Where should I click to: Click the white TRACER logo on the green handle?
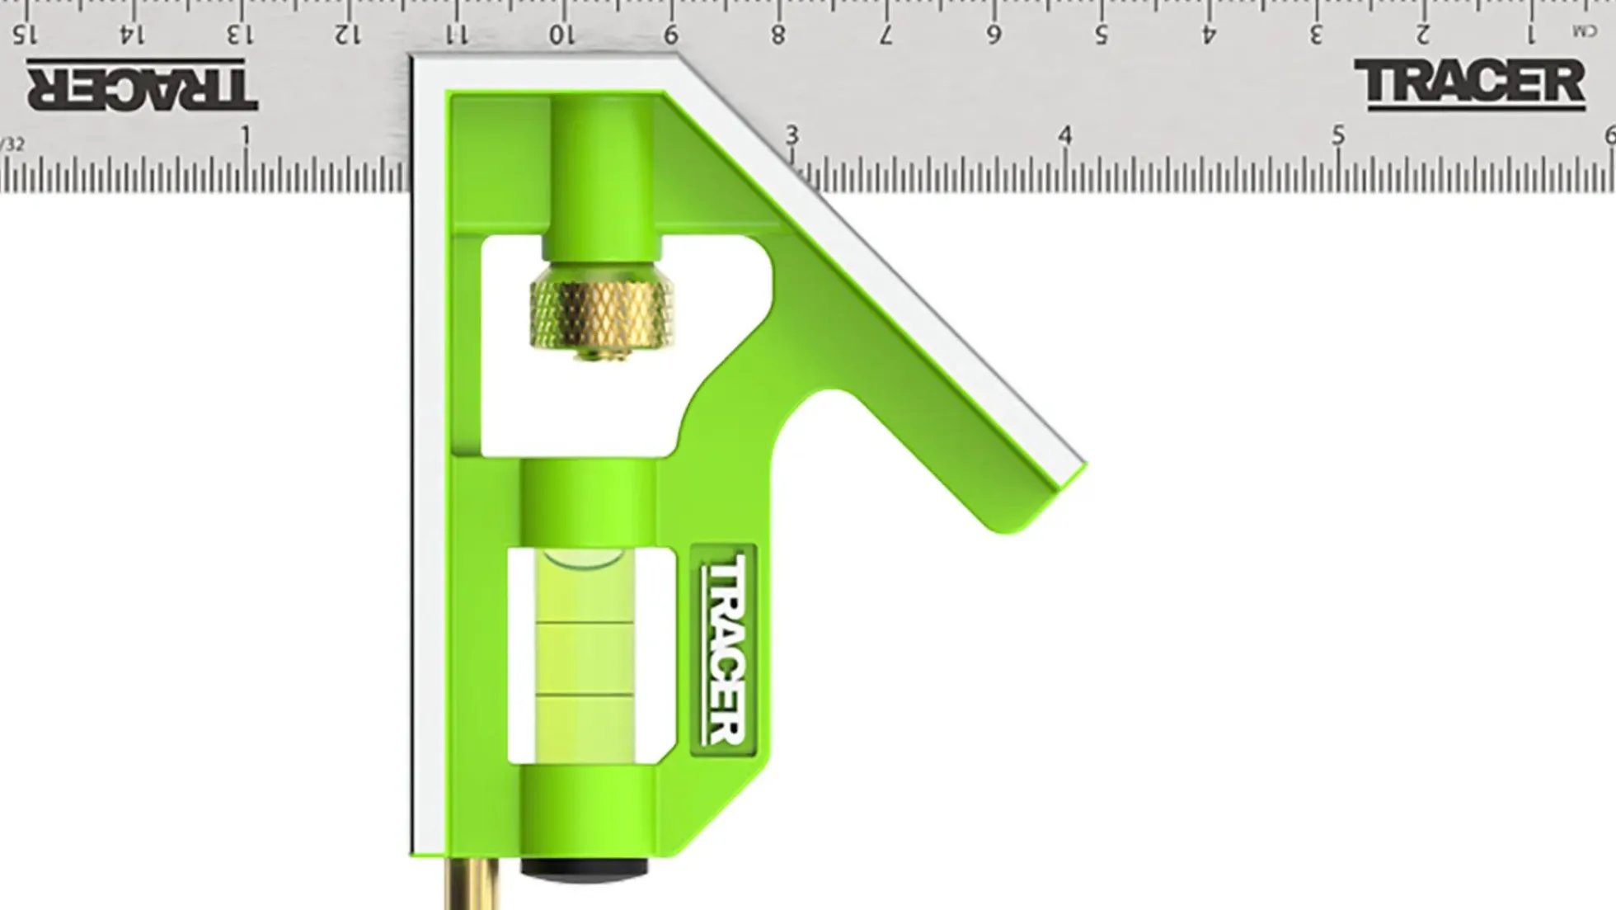[723, 649]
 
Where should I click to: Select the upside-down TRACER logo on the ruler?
[142, 85]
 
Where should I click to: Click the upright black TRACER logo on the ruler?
[1469, 84]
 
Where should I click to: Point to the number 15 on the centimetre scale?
[25, 35]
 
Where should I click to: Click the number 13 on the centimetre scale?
[240, 35]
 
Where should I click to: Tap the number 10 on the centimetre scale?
[562, 35]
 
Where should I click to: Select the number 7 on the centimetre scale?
[886, 35]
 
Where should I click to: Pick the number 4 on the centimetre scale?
[1209, 35]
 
